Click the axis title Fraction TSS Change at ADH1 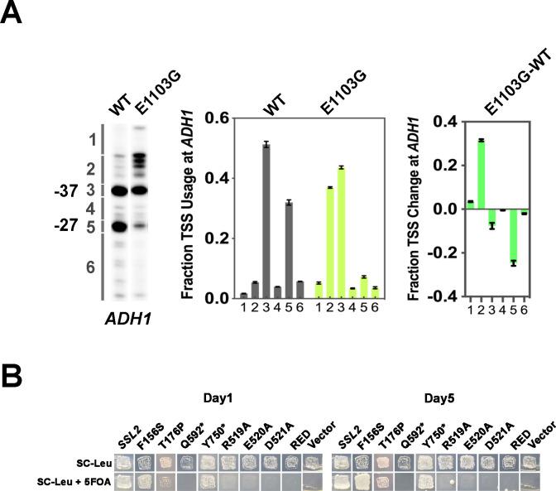(x=409, y=208)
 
